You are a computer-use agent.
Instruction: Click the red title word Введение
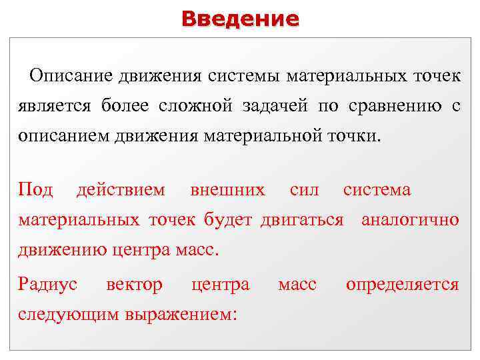pyautogui.click(x=240, y=19)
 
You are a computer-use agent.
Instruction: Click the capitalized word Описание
pyautogui.click(x=71, y=75)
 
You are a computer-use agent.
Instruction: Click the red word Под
pyautogui.click(x=35, y=190)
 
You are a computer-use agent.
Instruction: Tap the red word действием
pyautogui.click(x=121, y=190)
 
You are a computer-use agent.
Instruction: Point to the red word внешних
pyautogui.click(x=227, y=190)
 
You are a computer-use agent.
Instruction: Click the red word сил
pyautogui.click(x=305, y=190)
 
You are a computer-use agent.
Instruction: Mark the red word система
pyautogui.click(x=377, y=190)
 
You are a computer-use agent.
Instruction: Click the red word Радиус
pyautogui.click(x=48, y=285)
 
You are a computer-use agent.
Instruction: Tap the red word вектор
pyautogui.click(x=134, y=285)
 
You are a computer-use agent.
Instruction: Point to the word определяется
pyautogui.click(x=402, y=285)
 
